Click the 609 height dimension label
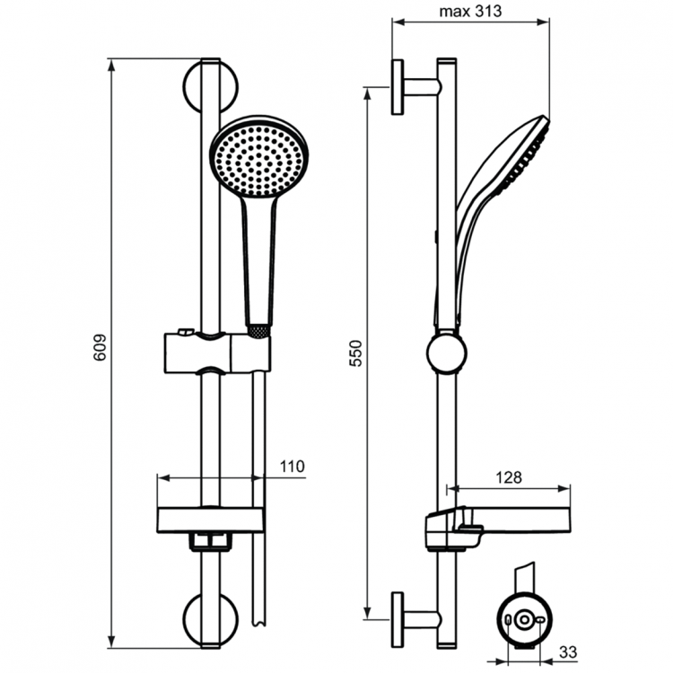pos(100,349)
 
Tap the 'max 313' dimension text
pos(470,12)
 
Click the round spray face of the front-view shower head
pos(258,157)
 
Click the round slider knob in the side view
pos(446,353)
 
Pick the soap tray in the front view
pos(210,518)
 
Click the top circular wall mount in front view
pos(210,83)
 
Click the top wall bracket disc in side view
pos(397,87)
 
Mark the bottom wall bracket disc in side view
pos(397,618)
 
